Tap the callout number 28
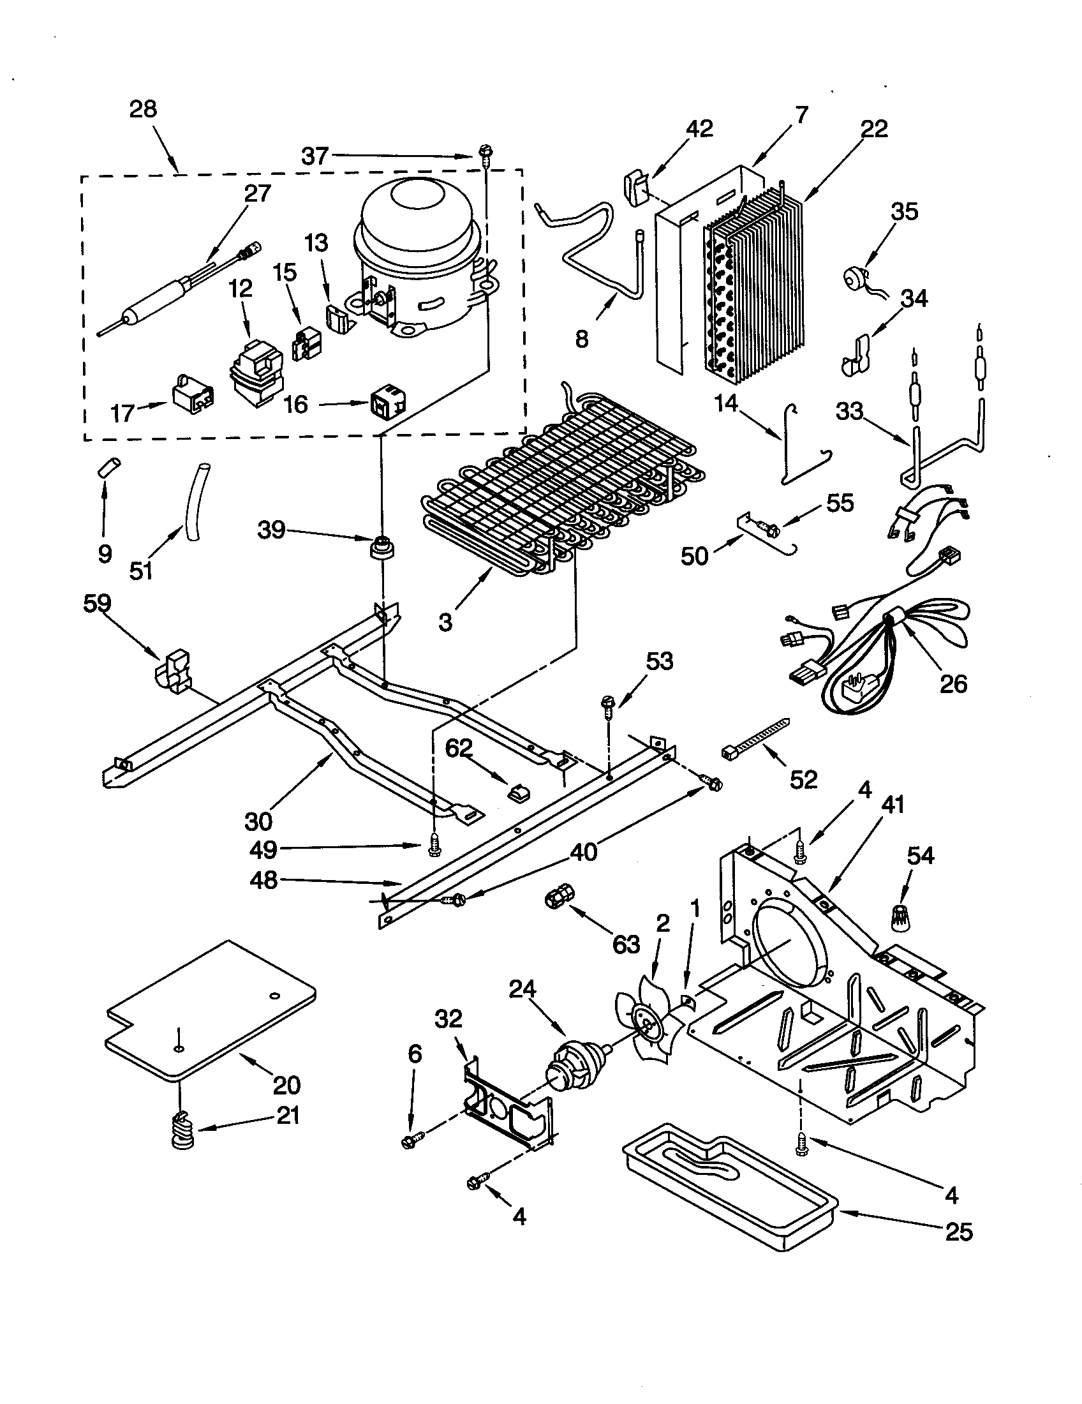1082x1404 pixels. [143, 109]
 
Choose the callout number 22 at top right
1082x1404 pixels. [873, 128]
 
